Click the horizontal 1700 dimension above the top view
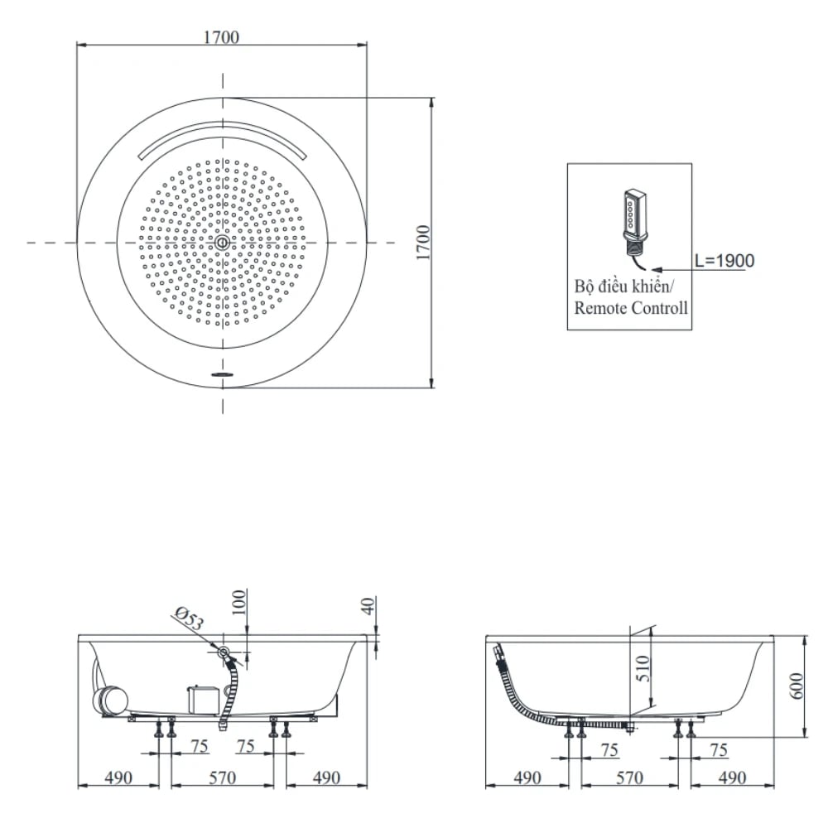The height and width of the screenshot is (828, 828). [221, 36]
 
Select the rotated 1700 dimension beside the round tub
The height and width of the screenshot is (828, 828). [422, 243]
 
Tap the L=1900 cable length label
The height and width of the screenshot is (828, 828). [724, 261]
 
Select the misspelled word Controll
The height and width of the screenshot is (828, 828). [660, 308]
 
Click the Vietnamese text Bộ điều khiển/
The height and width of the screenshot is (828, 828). [625, 286]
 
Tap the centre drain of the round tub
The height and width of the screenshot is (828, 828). [222, 243]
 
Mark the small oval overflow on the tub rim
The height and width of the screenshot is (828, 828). [222, 374]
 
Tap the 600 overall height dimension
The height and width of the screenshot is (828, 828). [797, 685]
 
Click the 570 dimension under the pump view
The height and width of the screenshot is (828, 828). [222, 777]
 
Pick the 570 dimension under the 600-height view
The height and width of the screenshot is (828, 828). [630, 777]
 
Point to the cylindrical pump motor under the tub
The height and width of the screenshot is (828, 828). [111, 700]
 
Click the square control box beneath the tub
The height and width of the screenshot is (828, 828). [201, 698]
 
